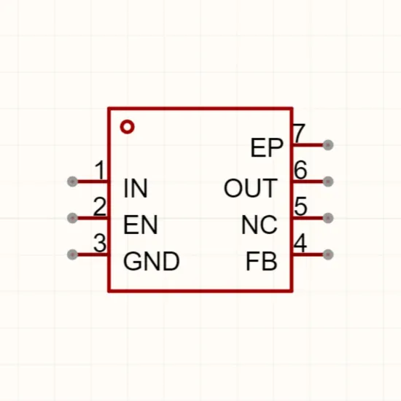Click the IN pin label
pos(136,188)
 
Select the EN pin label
pos(141,225)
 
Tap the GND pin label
pos(152,261)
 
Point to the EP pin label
pos(267,147)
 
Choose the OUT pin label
pos(250,188)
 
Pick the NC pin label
pos(260,225)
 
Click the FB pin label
pos(261,261)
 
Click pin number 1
pos(100,170)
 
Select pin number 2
pos(100,206)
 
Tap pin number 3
pos(100,243)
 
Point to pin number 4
pos(300,243)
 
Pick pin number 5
pos(300,206)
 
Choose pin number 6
pos(300,170)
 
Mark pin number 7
pos(299,133)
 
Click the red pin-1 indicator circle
pos(127,127)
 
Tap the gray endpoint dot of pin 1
pos(72,182)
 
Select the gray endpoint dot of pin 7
pos(328,145)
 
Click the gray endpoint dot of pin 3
pos(72,254)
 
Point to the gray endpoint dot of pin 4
pos(328,254)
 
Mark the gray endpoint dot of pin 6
pos(328,182)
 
